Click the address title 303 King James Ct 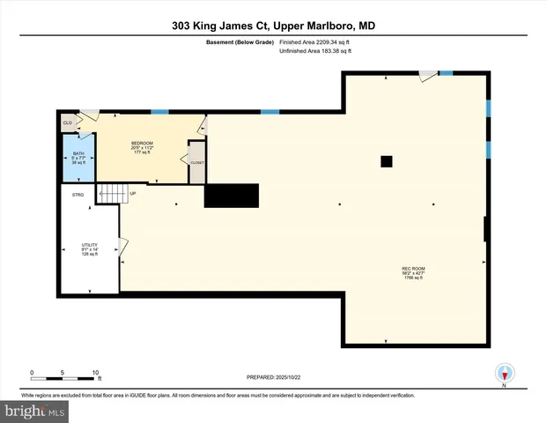click(x=273, y=26)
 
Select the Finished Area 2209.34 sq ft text click(x=315, y=41)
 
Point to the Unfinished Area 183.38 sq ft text click(x=314, y=51)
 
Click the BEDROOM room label click(x=143, y=145)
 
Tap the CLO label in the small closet click(x=67, y=123)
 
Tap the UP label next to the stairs click(x=133, y=193)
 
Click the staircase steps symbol click(x=111, y=193)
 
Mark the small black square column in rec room click(x=386, y=161)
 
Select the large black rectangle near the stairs click(x=232, y=196)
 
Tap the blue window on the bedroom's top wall click(x=159, y=112)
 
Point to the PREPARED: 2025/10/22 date click(x=274, y=377)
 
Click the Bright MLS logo click(x=35, y=412)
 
